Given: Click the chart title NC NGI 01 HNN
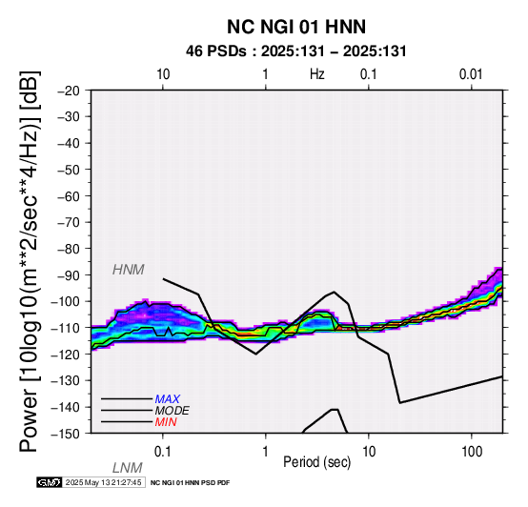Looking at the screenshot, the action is click(296, 27).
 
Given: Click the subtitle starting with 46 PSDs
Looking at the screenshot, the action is click(296, 51).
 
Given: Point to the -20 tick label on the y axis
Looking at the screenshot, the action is click(69, 91).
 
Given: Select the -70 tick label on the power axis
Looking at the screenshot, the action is click(69, 222).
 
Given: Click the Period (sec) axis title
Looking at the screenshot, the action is click(316, 462).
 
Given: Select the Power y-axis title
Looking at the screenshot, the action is click(30, 261).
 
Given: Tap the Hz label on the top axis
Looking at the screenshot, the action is click(316, 74).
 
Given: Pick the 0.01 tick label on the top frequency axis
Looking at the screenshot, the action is click(471, 74).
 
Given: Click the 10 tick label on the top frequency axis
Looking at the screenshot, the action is click(163, 74).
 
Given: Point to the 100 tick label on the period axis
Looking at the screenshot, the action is click(472, 452).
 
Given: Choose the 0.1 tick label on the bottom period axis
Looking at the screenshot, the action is click(163, 452).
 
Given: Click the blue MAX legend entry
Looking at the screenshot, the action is click(168, 399).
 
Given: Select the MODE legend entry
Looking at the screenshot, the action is click(173, 411).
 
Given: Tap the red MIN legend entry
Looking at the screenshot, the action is click(166, 422).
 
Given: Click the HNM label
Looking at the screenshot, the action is click(129, 270).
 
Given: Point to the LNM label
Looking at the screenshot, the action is click(128, 468).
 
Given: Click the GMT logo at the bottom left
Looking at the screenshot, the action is click(50, 482).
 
